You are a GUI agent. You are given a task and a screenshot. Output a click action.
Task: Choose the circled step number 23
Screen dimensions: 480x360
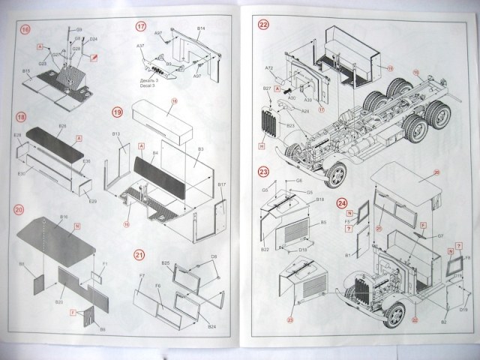(x=263, y=171)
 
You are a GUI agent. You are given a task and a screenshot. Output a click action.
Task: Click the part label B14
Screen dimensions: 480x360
(x=201, y=28)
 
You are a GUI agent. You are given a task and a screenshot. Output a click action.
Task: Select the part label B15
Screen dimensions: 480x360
(x=26, y=71)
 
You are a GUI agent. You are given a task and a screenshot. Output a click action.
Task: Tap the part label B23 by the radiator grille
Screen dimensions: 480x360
(x=289, y=126)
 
